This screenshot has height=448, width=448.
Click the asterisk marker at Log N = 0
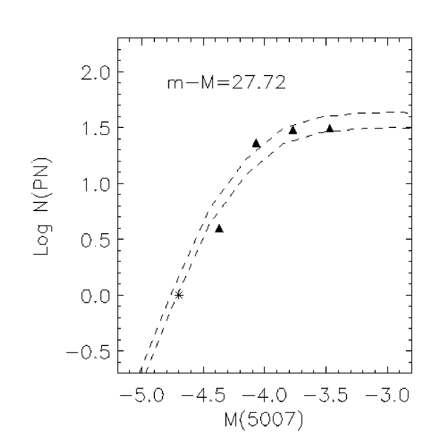[x=179, y=295]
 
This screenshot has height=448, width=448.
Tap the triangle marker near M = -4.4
[x=219, y=229]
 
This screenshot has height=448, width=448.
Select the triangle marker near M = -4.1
[x=256, y=143]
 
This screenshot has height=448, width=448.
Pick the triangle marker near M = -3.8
[x=293, y=130]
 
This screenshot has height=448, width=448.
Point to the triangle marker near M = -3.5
[x=330, y=128]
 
